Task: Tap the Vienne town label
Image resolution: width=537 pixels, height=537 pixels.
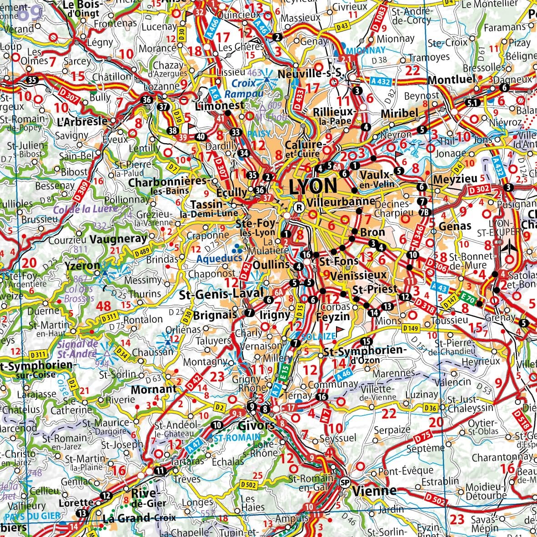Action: (374, 491)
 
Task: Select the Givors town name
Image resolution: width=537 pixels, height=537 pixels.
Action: (257, 426)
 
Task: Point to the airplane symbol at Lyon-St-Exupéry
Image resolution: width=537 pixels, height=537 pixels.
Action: (510, 247)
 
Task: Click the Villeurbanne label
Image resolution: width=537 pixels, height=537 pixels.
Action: (341, 201)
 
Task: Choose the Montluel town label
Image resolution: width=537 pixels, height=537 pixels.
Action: (451, 80)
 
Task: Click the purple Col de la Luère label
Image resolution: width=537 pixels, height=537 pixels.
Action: (86, 210)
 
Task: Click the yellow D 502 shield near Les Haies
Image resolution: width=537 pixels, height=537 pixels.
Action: (248, 485)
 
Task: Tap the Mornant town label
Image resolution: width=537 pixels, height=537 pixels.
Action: (153, 390)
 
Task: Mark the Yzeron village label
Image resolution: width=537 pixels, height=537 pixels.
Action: (82, 265)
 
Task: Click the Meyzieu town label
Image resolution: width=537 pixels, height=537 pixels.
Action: (455, 179)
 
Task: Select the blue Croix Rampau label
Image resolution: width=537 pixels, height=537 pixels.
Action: (247, 89)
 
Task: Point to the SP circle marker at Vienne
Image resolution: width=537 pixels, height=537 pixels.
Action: (345, 482)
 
